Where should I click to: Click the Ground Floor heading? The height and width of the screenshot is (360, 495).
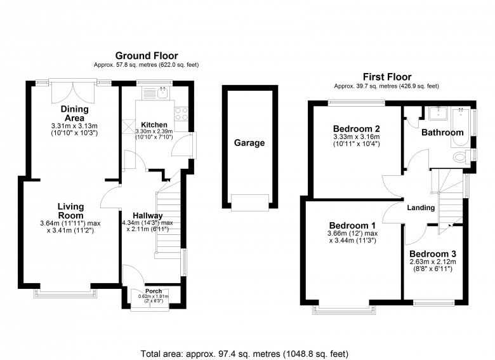146,56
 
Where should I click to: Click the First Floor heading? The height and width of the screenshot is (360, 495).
386,76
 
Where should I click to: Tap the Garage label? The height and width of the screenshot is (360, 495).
249,143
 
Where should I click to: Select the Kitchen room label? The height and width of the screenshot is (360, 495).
154,124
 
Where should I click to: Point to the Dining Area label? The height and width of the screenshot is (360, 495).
74,113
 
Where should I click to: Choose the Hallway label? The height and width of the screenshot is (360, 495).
147,215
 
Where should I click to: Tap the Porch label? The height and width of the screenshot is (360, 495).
153,292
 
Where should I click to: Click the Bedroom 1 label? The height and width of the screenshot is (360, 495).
352,225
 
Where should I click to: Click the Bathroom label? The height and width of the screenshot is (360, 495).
442,133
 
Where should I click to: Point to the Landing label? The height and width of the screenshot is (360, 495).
421,208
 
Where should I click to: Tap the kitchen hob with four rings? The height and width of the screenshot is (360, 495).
180,114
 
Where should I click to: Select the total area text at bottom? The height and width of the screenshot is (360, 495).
244,353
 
